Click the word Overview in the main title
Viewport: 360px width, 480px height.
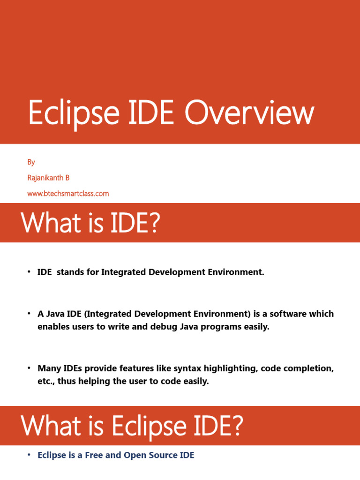[249, 113]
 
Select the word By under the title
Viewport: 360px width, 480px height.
[31, 162]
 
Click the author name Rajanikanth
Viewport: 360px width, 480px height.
[45, 178]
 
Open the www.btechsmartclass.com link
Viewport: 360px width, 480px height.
[68, 193]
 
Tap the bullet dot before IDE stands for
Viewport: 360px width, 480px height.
[28, 272]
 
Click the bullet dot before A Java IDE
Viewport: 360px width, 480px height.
[28, 314]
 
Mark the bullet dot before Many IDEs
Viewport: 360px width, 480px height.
[28, 369]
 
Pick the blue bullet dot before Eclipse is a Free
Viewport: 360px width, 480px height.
[28, 455]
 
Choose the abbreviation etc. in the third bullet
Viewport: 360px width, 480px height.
[46, 382]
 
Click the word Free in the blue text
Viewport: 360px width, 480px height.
[94, 455]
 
